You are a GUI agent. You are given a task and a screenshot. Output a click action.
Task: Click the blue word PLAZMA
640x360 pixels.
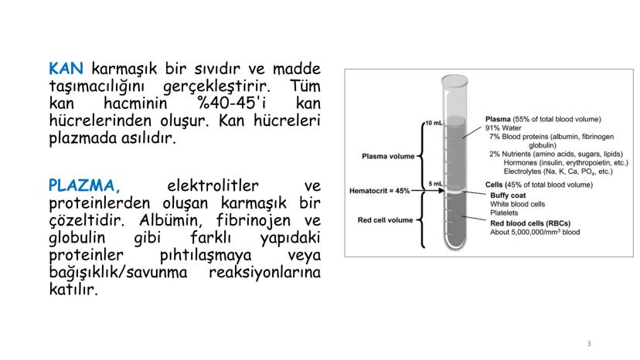click(x=85, y=186)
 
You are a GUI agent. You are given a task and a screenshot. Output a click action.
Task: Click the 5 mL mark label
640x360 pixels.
click(x=434, y=183)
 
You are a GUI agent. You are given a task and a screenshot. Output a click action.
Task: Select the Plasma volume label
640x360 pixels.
click(x=388, y=156)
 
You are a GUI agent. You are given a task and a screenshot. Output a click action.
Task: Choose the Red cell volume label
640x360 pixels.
click(x=385, y=220)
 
